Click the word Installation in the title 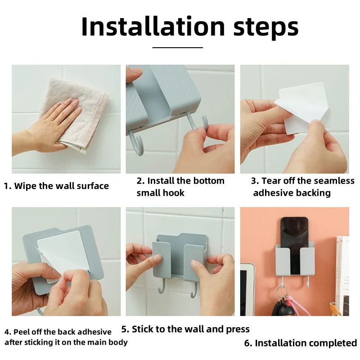(x=153, y=27)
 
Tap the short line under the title (x=177, y=48)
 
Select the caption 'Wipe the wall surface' (x=61, y=186)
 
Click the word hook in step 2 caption (x=173, y=193)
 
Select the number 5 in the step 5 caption (x=124, y=329)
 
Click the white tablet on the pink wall (x=247, y=289)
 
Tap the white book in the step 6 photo (x=343, y=275)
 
